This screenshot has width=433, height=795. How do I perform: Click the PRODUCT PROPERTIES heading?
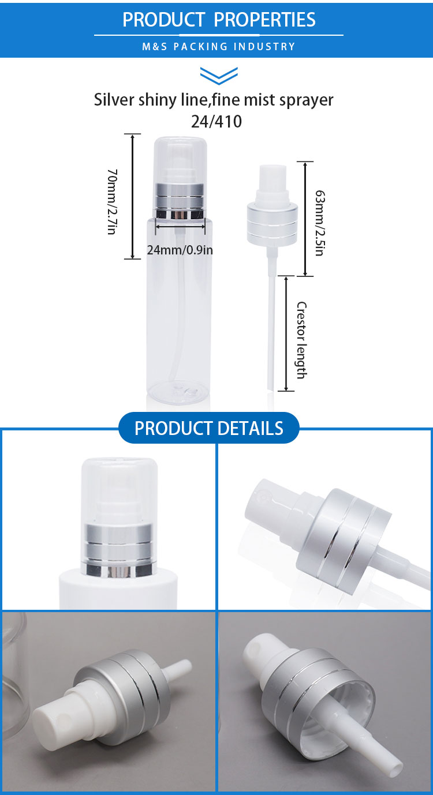click(x=219, y=20)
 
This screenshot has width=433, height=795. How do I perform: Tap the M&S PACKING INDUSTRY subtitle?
click(x=219, y=47)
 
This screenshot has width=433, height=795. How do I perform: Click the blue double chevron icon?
click(x=219, y=76)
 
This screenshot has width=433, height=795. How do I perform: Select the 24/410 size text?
click(x=216, y=121)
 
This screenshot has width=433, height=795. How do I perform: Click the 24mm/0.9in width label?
click(x=180, y=250)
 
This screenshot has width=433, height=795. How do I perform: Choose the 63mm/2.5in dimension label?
click(x=320, y=223)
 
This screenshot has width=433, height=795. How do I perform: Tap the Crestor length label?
click(x=301, y=340)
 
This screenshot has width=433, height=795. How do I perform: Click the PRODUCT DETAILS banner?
click(x=209, y=427)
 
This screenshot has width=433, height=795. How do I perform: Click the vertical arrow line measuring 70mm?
click(x=132, y=196)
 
